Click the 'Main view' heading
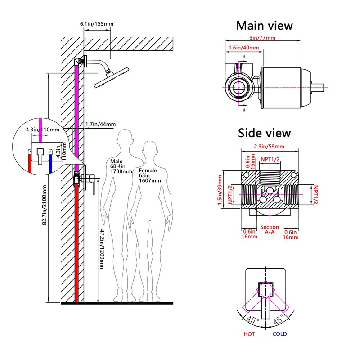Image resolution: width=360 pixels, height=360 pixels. point(265,26)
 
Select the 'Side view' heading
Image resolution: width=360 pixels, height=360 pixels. point(264,133)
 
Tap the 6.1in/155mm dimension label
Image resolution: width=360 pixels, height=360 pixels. point(96,24)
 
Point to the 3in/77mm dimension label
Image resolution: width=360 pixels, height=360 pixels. point(262,38)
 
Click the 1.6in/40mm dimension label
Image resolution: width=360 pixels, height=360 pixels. point(243,48)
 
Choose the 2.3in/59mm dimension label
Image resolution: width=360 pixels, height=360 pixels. point(269,147)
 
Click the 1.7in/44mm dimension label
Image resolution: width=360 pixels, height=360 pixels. point(100,124)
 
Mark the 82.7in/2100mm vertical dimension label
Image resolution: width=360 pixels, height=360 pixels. point(44,205)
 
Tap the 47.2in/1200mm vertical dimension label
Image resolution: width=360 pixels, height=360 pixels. point(102,249)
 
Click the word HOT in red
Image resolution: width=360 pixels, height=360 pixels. point(249,334)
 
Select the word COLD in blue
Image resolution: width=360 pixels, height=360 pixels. point(279,334)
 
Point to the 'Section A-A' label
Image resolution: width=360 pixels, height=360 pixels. point(270,229)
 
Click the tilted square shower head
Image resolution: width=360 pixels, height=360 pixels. point(112,77)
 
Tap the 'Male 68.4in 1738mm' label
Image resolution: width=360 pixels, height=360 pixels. point(121,166)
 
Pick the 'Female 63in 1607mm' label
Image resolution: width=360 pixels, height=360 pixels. point(150,175)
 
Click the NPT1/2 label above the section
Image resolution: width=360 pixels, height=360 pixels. point(270,159)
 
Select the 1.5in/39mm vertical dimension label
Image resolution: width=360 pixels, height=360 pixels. point(220,190)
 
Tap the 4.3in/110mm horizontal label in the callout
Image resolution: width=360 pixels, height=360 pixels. point(42,130)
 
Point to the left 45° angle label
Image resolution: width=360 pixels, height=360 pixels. point(252,319)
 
